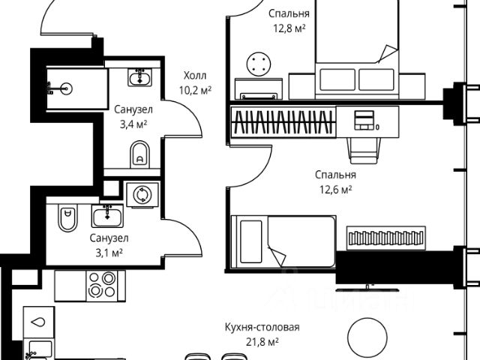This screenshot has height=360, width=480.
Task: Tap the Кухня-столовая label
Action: (x=262, y=328)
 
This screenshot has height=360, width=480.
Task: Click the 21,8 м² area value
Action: (x=262, y=342)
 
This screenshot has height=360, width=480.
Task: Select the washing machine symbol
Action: (x=141, y=195)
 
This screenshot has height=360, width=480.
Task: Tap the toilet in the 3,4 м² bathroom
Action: (x=140, y=156)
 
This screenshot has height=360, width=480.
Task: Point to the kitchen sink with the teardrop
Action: (x=39, y=321)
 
